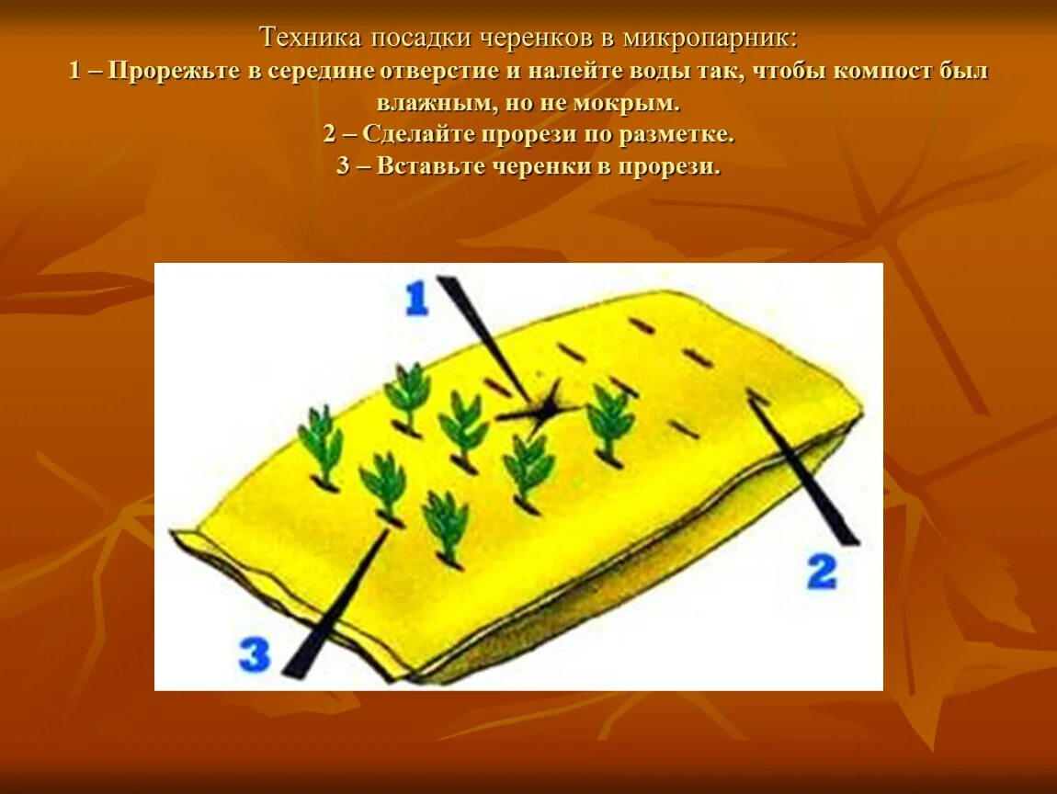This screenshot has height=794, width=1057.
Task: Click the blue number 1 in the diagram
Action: click(x=416, y=299)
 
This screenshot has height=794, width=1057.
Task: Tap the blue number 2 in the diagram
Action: click(x=822, y=572)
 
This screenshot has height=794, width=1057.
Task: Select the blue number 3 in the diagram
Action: click(x=255, y=655)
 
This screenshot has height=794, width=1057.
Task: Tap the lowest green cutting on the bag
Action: click(x=446, y=527)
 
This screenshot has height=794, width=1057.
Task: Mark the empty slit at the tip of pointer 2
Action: click(x=758, y=396)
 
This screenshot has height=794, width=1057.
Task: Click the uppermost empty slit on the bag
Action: click(x=642, y=324)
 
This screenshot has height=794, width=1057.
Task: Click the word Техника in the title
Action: click(x=310, y=39)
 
